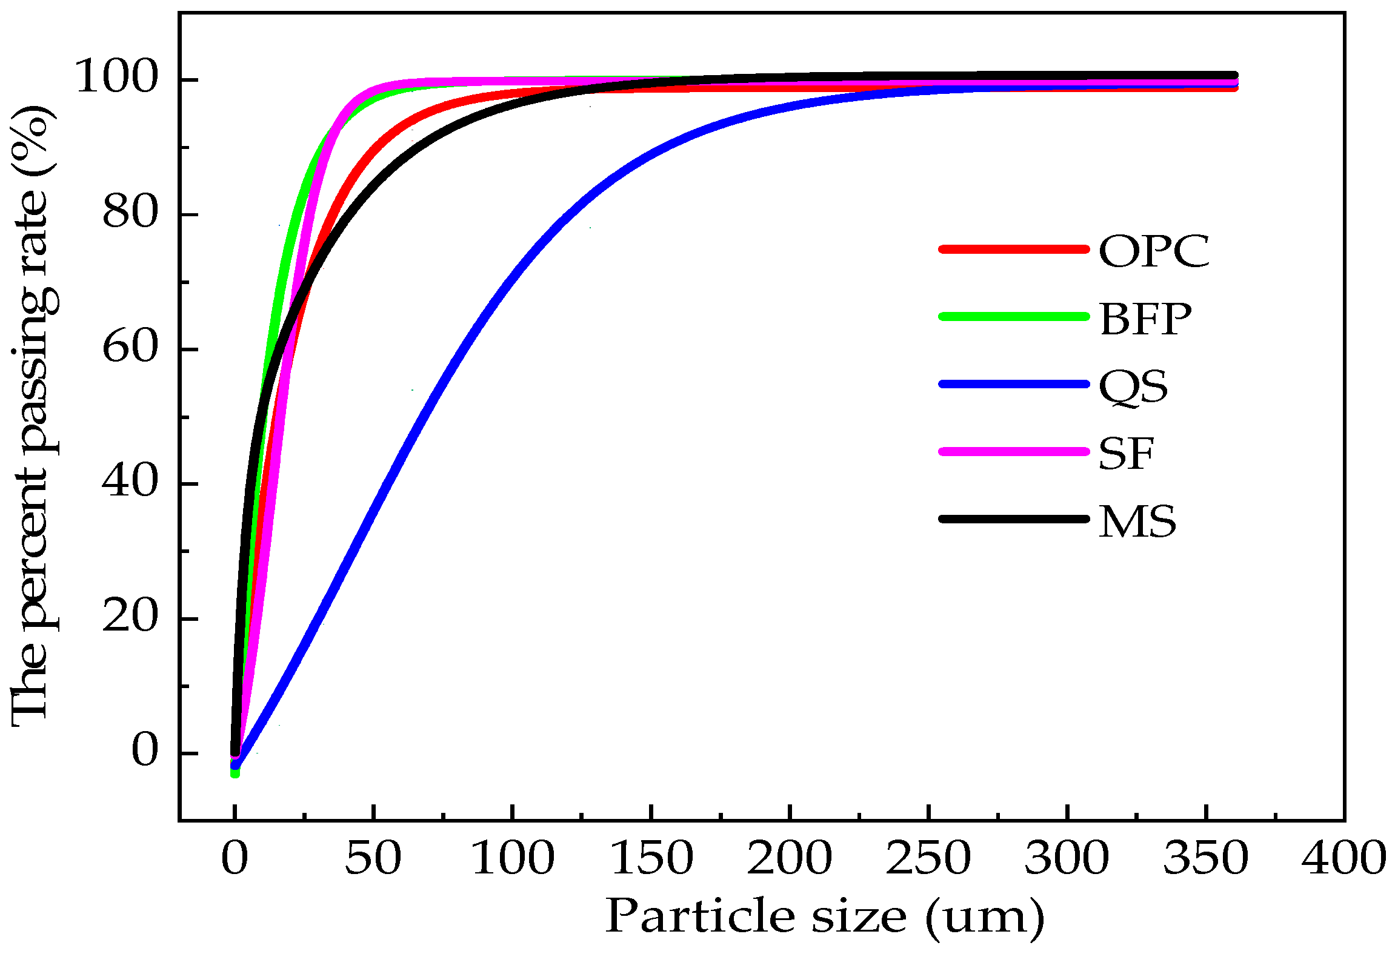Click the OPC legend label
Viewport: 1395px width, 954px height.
click(x=1154, y=251)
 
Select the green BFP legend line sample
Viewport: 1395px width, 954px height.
click(x=1014, y=317)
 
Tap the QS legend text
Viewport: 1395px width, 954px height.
click(x=1133, y=386)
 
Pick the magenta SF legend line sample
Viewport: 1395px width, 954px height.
click(x=1014, y=452)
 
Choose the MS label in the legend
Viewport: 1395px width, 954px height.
click(x=1137, y=521)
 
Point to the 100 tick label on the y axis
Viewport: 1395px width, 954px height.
click(x=116, y=77)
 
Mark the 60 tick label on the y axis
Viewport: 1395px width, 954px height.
click(x=130, y=347)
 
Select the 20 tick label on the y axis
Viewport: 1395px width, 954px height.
click(x=130, y=617)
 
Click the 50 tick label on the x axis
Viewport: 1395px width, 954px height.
click(x=373, y=858)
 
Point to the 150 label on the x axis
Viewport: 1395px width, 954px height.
click(x=651, y=858)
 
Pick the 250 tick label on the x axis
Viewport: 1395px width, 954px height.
click(x=928, y=858)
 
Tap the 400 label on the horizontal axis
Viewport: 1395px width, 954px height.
click(x=1343, y=858)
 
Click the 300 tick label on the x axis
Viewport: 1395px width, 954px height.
click(x=1067, y=858)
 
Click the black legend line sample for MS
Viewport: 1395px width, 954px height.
click(x=1014, y=519)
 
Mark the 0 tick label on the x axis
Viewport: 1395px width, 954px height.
click(x=235, y=858)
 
